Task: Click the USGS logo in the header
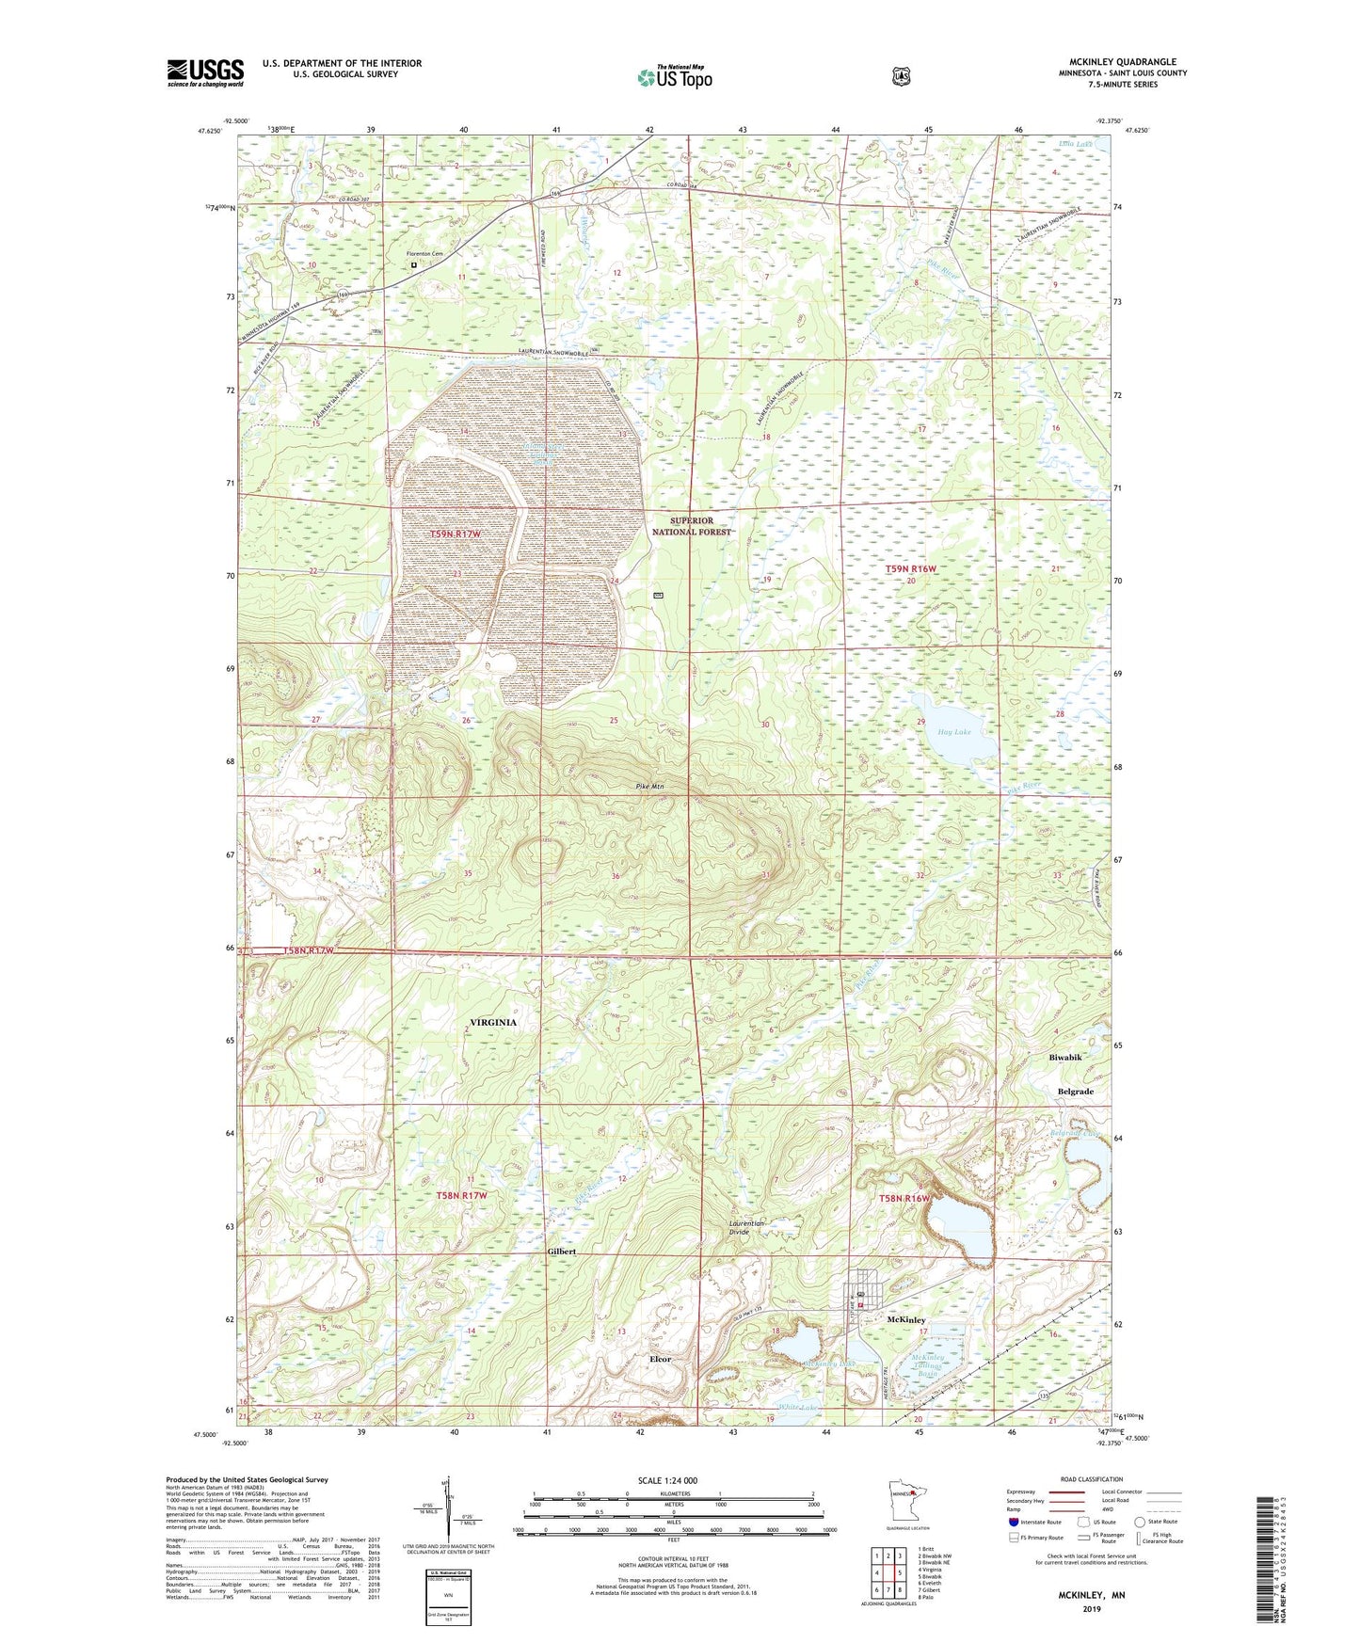[x=205, y=72]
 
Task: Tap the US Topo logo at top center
[x=674, y=76]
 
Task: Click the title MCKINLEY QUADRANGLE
[x=1122, y=62]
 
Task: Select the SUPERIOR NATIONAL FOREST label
[x=692, y=526]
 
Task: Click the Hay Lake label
[x=953, y=731]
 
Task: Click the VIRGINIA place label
[x=493, y=1022]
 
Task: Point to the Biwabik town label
[x=1064, y=1058]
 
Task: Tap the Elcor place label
[x=660, y=1359]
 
